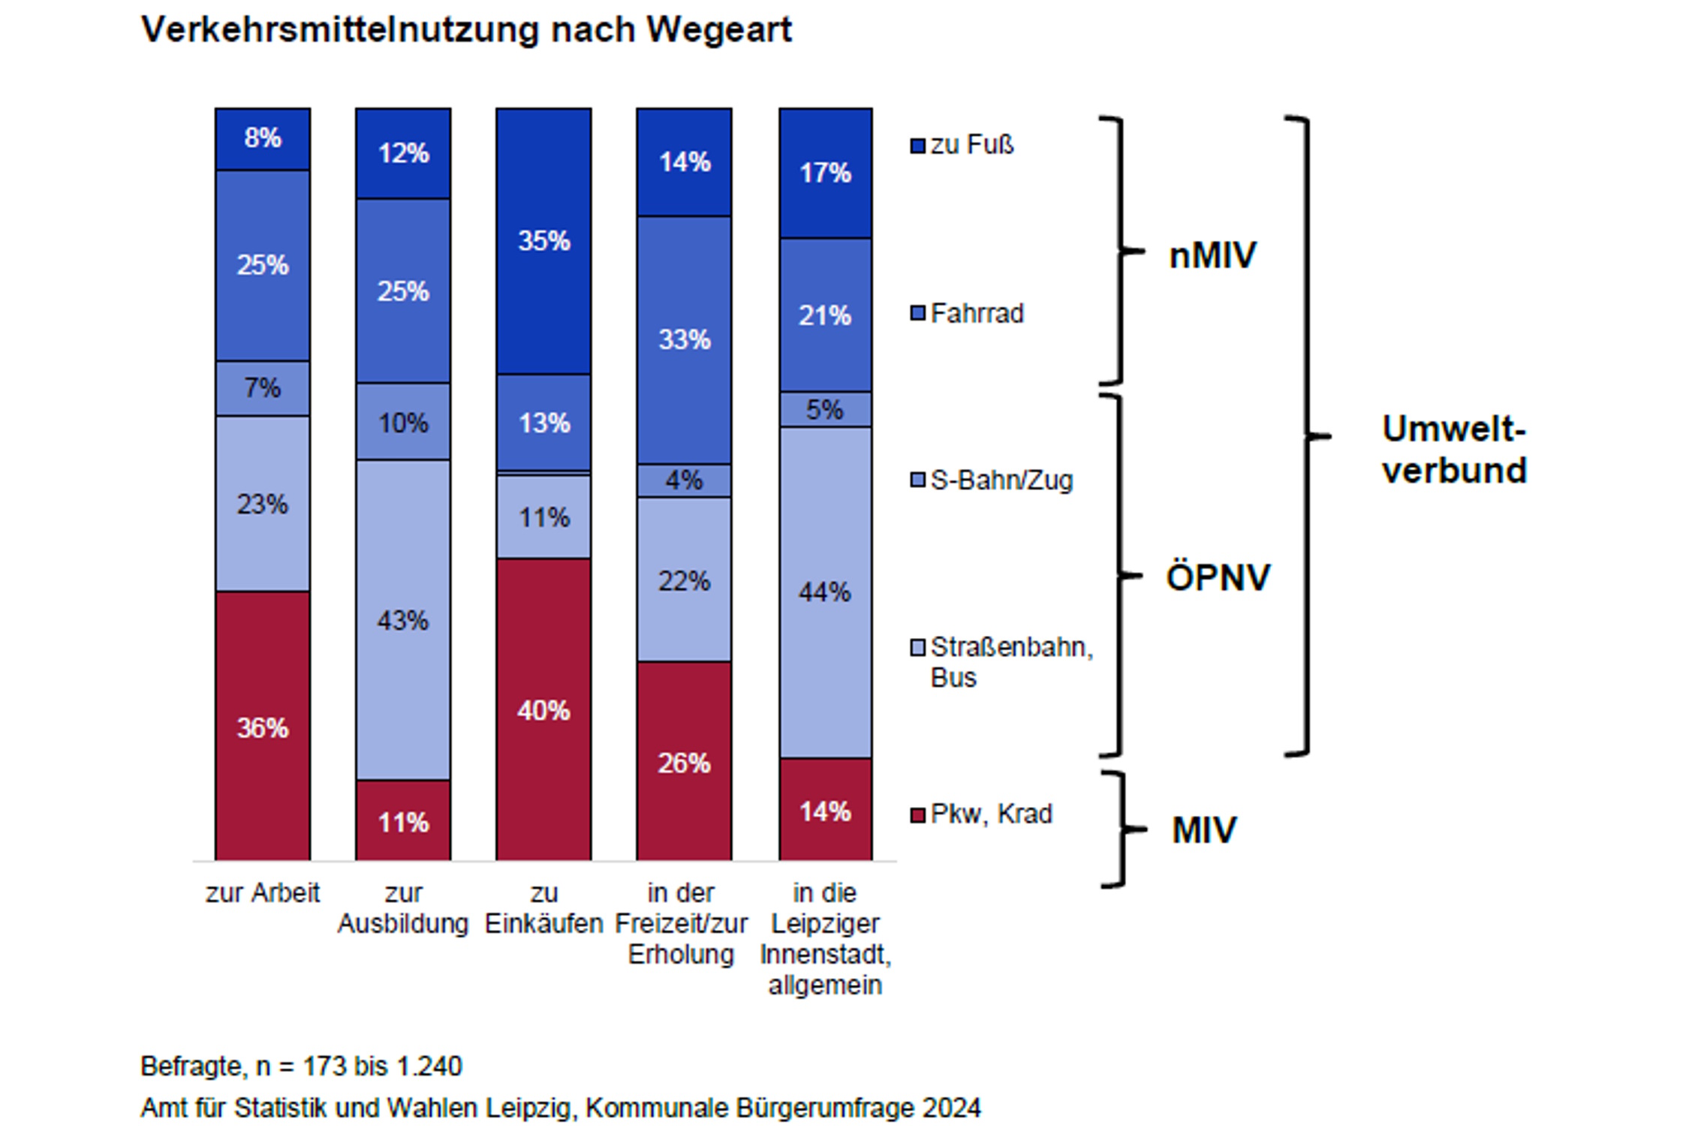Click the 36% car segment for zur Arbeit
[262, 726]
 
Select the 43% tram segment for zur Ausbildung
[403, 620]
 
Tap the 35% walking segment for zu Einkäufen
[543, 241]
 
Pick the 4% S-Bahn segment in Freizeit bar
[684, 480]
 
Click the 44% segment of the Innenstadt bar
[825, 592]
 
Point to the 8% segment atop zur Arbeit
[262, 138]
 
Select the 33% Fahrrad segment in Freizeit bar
[684, 339]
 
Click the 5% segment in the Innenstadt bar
[825, 410]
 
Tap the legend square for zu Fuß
[917, 146]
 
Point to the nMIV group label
[1212, 255]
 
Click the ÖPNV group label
[1218, 577]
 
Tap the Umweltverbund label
[1454, 450]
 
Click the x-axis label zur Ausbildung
[403, 908]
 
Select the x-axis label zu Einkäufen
[543, 908]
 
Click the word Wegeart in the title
[719, 31]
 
